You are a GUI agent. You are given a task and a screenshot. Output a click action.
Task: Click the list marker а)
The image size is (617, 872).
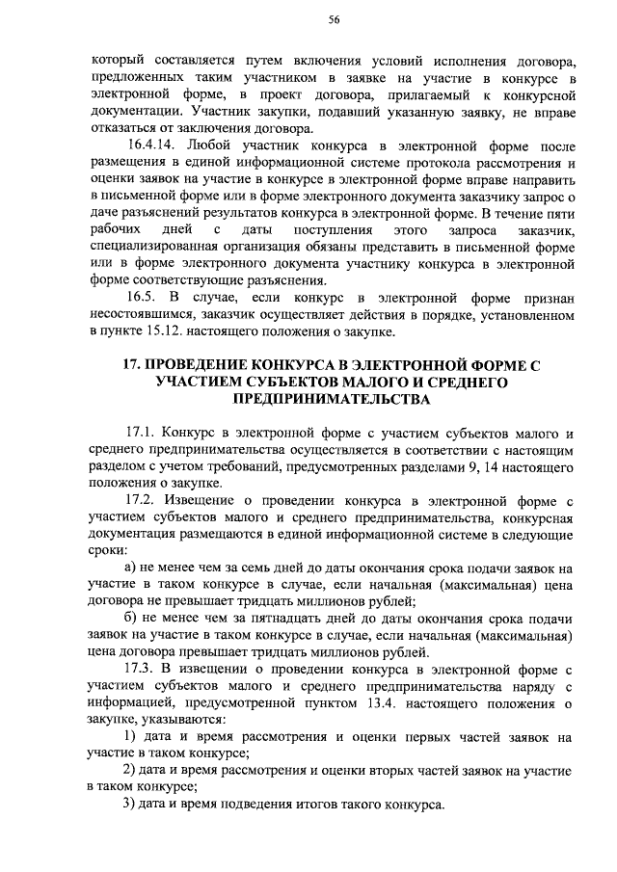pyautogui.click(x=134, y=569)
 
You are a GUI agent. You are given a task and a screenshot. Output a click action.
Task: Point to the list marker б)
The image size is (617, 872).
pyautogui.click(x=134, y=619)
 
